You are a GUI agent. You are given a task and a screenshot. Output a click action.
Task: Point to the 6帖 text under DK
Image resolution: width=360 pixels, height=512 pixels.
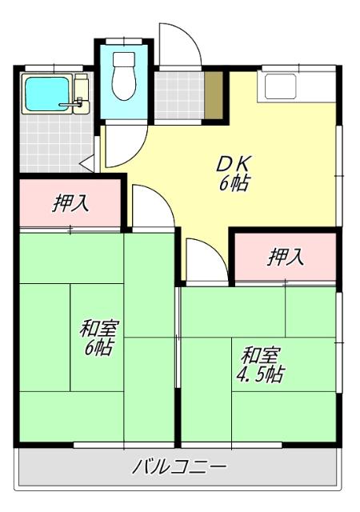234,184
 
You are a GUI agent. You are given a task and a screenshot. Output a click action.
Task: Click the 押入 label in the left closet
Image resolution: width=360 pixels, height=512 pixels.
70,204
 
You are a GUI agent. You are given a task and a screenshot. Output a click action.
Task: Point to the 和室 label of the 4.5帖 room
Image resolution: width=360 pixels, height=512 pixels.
261,354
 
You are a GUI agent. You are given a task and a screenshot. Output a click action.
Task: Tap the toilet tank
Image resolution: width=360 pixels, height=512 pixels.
124,61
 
